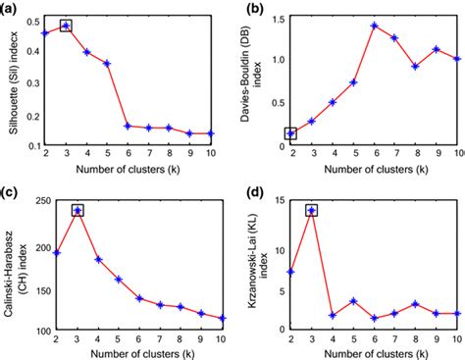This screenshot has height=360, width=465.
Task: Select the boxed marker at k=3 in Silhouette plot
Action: tap(67, 26)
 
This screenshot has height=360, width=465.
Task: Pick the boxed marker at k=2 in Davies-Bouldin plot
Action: tap(290, 133)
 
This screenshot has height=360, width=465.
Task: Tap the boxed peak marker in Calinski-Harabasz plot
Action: tap(77, 210)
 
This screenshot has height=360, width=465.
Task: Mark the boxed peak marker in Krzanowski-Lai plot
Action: tap(312, 210)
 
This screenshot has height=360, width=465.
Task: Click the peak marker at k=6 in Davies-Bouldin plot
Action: tap(374, 26)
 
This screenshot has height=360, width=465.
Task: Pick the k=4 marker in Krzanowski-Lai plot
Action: tap(334, 316)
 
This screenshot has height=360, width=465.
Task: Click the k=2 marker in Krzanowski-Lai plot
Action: tap(291, 271)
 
